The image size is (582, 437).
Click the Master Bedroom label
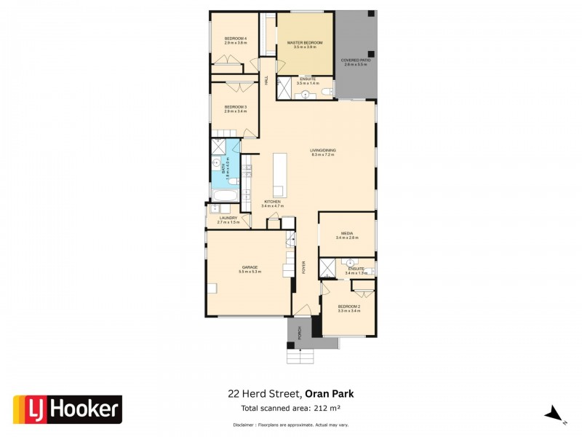(304, 43)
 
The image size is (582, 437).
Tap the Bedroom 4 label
(235, 39)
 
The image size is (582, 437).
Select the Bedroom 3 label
(235, 107)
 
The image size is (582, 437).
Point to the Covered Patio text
(356, 61)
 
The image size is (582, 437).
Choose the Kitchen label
(272, 202)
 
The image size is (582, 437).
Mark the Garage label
(250, 267)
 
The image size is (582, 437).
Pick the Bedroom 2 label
(348, 307)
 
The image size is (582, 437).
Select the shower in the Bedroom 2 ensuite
(328, 268)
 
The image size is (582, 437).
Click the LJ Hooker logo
(68, 409)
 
